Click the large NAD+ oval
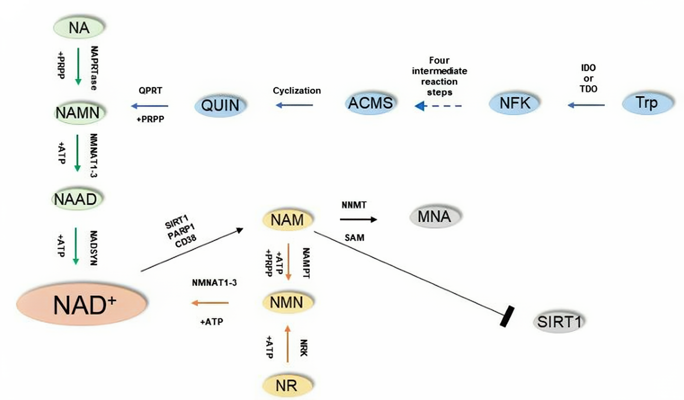pyautogui.click(x=82, y=305)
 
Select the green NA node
pyautogui.click(x=79, y=27)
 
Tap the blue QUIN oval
pyautogui.click(x=220, y=105)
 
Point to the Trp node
pyautogui.click(x=647, y=103)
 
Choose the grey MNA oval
pyautogui.click(x=434, y=217)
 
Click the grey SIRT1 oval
pyautogui.click(x=559, y=322)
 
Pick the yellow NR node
pyautogui.click(x=287, y=385)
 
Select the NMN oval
pyautogui.click(x=287, y=302)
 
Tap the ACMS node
pyautogui.click(x=370, y=103)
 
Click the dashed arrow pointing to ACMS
pyautogui.click(x=438, y=106)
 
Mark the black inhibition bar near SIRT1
pyautogui.click(x=507, y=316)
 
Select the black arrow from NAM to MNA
pyautogui.click(x=358, y=219)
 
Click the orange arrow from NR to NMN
pyautogui.click(x=288, y=344)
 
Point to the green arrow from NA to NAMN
pyautogui.click(x=78, y=67)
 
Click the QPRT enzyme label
pyautogui.click(x=150, y=90)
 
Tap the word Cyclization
pyautogui.click(x=297, y=90)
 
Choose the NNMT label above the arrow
pyautogui.click(x=354, y=205)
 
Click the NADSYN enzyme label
pyautogui.click(x=93, y=248)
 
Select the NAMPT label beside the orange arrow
pyautogui.click(x=306, y=263)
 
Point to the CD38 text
pyautogui.click(x=186, y=240)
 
